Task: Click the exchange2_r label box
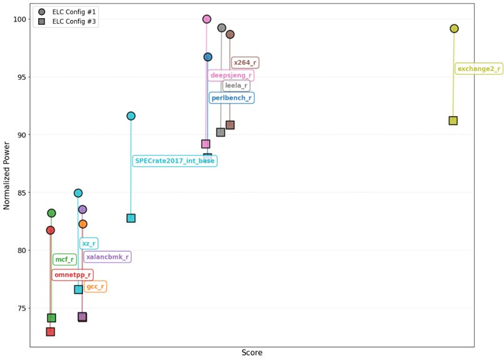478,69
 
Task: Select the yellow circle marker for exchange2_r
454,29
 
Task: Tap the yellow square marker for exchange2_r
453,120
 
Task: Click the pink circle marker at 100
207,19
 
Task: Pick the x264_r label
244,62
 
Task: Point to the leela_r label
237,85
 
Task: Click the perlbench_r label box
231,98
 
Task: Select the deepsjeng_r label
230,75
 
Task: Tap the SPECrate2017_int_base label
175,161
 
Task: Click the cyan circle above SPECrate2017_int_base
131,116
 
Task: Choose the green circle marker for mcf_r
51,213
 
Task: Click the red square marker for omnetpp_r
50,332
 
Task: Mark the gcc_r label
95,286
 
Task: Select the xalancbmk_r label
107,256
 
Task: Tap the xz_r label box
89,243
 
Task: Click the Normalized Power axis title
7,176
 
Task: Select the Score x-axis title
252,353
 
